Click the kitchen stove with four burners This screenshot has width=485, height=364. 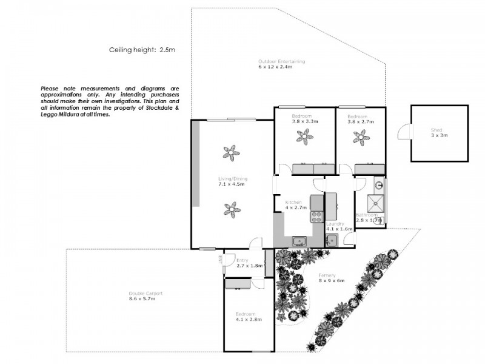(316, 216)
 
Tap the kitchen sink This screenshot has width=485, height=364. (299, 241)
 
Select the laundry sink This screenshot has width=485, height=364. (331, 240)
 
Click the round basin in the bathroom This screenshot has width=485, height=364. (378, 186)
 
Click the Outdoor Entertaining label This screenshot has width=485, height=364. (281, 61)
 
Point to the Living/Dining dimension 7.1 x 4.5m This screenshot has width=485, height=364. (232, 184)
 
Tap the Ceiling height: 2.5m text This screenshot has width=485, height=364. (141, 51)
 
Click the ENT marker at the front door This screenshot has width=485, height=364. (219, 260)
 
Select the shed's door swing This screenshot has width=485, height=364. (403, 132)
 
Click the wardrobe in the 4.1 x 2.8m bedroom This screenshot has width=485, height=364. (238, 283)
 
